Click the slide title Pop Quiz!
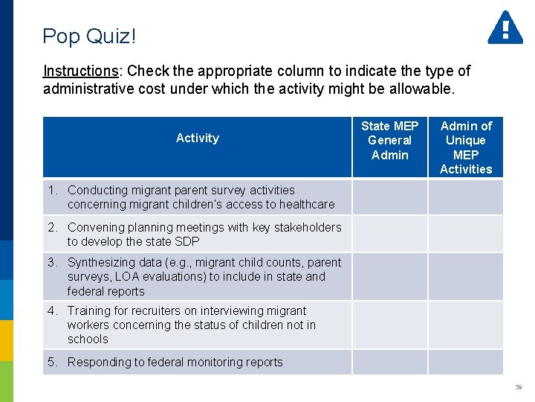pos(89,36)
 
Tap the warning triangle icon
pos(505,28)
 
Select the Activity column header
pos(197,138)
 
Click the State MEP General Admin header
pos(389,140)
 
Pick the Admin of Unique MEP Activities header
pos(466,147)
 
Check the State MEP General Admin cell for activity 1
pos(389,197)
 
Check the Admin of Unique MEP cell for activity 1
pos(466,197)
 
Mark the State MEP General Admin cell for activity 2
pos(389,234)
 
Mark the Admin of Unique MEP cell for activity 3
pos(466,276)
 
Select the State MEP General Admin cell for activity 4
pos(389,325)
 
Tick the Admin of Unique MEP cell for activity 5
pos(466,362)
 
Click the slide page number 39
pos(518,387)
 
